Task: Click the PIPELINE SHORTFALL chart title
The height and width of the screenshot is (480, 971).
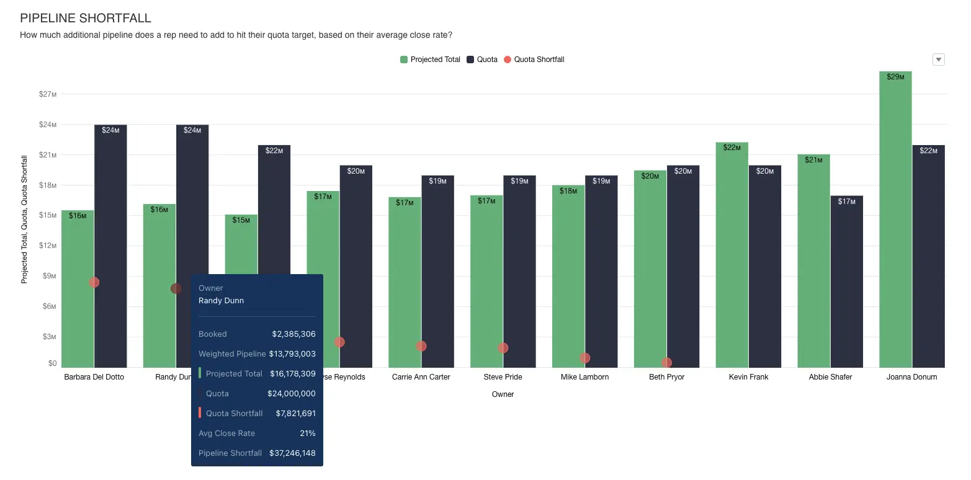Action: [x=86, y=19]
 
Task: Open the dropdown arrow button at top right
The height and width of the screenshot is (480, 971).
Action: [x=939, y=60]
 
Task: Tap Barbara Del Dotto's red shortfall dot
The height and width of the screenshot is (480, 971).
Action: [x=94, y=282]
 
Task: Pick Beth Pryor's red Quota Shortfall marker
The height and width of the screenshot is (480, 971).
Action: [x=666, y=363]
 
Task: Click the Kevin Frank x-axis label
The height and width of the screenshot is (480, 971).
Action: [x=748, y=377]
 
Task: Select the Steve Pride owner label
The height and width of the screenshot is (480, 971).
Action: [x=503, y=377]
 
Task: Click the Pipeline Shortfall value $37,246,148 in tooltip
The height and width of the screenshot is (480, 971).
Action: [x=292, y=453]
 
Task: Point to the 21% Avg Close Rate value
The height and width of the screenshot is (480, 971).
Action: [x=307, y=433]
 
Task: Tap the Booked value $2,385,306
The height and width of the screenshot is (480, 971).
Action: [x=293, y=334]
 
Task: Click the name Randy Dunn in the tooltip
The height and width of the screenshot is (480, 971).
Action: [x=221, y=301]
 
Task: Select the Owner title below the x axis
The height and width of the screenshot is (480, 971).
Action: [x=503, y=394]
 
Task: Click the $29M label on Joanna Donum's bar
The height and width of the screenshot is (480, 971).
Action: [x=895, y=78]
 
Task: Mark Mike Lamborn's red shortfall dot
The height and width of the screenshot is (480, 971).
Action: [x=584, y=358]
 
